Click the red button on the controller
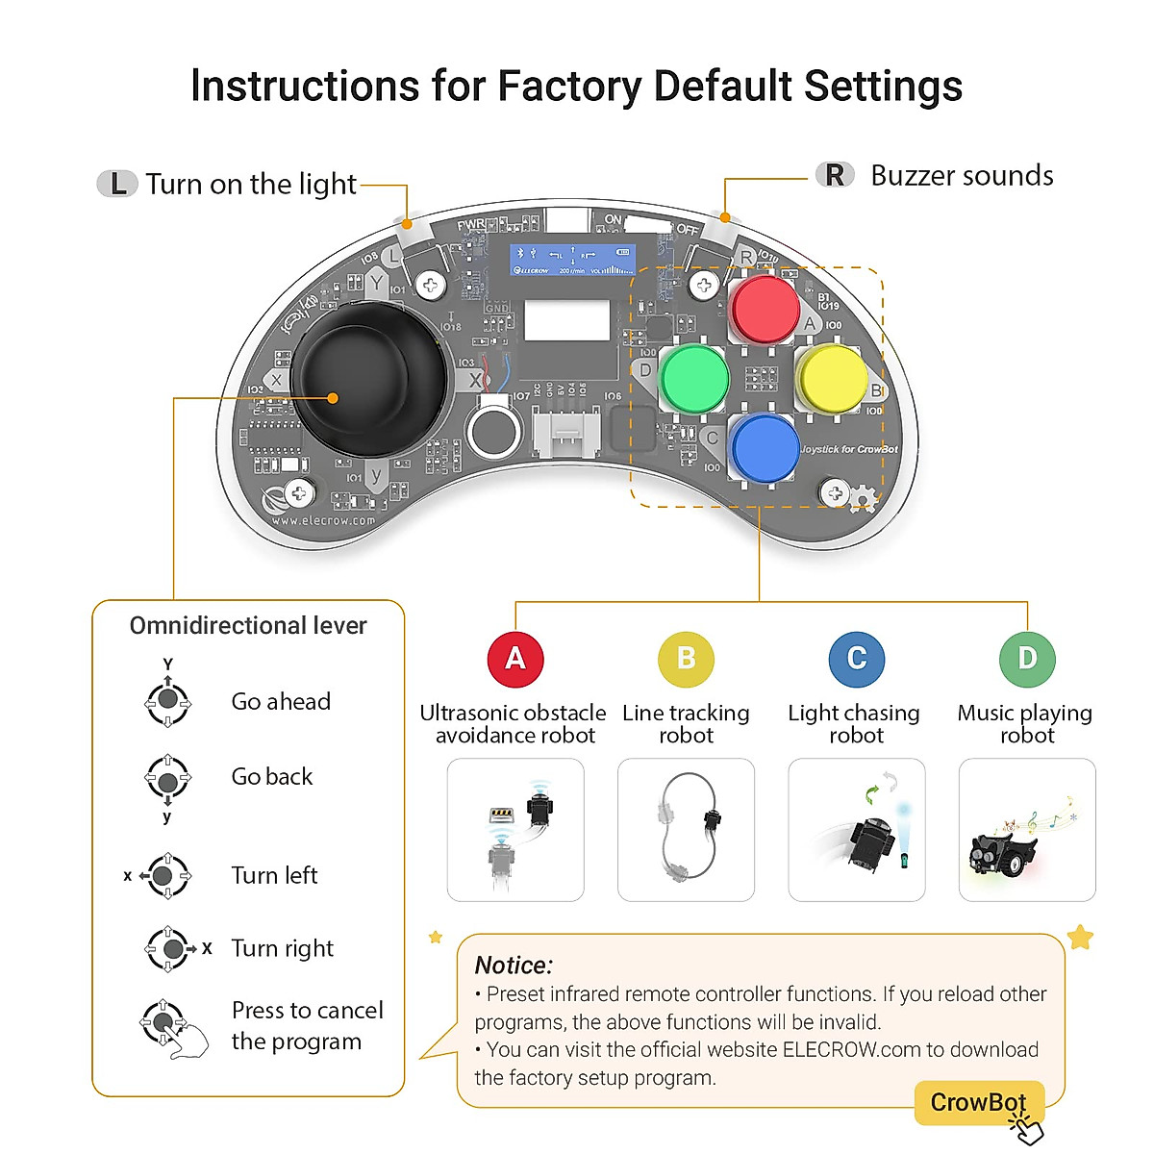tap(765, 308)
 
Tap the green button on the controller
tap(694, 379)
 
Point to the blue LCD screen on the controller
tap(572, 259)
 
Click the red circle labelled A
tap(515, 659)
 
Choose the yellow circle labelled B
tap(686, 659)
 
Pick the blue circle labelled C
tap(856, 659)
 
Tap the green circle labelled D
tap(1027, 659)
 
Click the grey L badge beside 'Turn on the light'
tap(117, 184)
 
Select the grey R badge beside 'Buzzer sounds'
tap(835, 175)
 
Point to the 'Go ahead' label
tap(281, 702)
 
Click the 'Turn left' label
tap(274, 875)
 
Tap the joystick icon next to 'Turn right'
tap(170, 948)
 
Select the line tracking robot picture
tap(686, 829)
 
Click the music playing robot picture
tap(1027, 829)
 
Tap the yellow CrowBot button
tap(977, 1102)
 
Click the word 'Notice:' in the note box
tap(514, 966)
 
